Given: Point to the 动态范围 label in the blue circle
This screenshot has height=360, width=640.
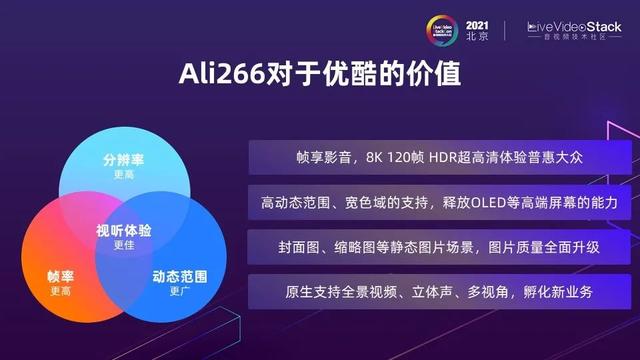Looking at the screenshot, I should point(180,276).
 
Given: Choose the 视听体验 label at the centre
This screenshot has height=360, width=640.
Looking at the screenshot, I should point(123,231).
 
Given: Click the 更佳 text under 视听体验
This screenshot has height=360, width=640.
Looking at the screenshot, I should point(123,245).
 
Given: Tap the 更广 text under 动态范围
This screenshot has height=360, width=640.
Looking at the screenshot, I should point(180,291).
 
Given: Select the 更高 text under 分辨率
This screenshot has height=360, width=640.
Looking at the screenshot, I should point(123,174).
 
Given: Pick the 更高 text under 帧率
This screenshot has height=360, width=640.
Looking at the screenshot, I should point(61,291).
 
